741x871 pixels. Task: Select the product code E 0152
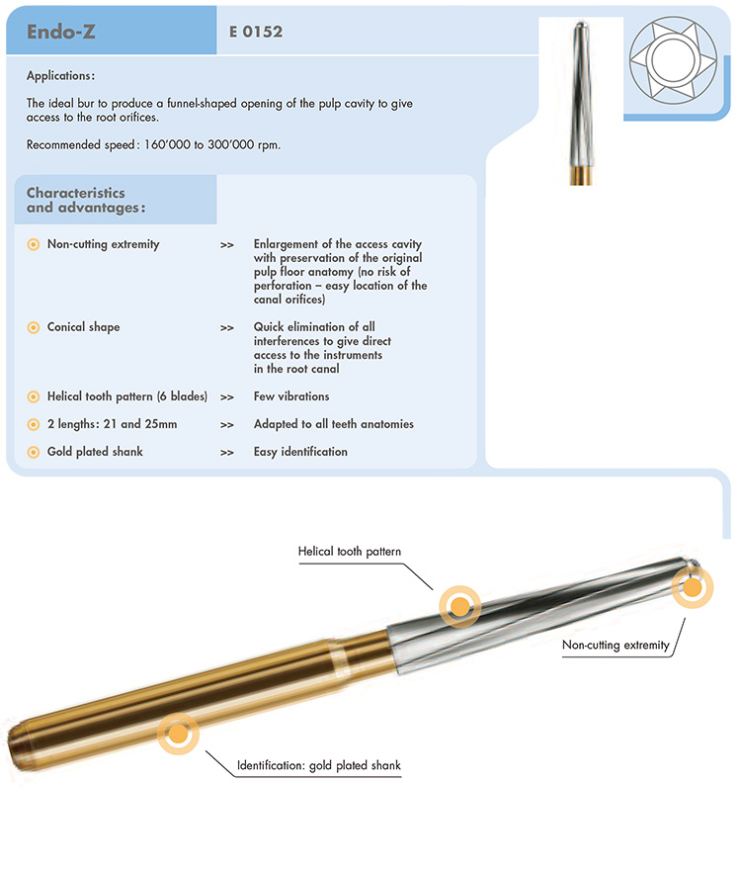[255, 32]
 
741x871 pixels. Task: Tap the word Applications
[60, 76]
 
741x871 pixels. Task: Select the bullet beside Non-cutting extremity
[33, 244]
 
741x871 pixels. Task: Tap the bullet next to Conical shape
[33, 327]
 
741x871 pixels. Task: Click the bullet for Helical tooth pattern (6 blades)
[33, 396]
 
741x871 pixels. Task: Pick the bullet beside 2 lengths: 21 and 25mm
[33, 424]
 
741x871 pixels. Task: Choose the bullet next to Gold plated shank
[33, 452]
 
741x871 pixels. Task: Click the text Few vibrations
[291, 396]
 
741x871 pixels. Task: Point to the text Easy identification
[300, 452]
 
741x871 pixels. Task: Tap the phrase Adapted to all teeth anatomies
[333, 424]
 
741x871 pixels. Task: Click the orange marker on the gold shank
[178, 733]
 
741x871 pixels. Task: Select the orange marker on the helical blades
[458, 605]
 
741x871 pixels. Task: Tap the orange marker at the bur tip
[692, 587]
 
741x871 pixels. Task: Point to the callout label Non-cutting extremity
[616, 646]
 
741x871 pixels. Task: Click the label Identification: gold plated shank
[319, 765]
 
